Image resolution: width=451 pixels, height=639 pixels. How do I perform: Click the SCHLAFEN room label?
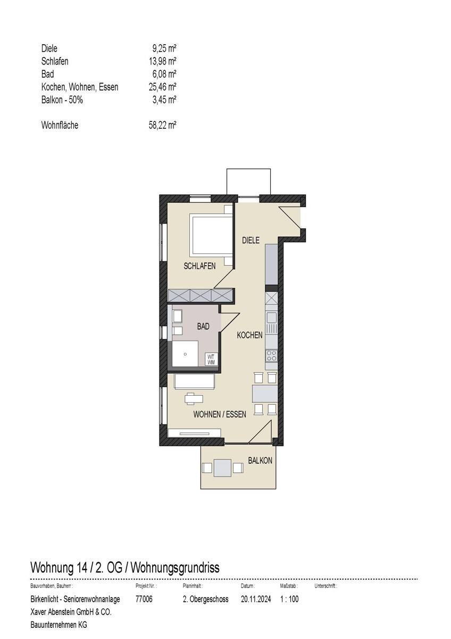[x=199, y=266]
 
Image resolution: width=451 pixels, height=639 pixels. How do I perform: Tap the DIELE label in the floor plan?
[x=250, y=241]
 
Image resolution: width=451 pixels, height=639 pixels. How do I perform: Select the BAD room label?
[x=203, y=326]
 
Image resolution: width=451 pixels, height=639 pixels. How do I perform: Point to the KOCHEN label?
[x=249, y=335]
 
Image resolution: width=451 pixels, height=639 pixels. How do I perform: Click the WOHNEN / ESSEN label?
[x=220, y=414]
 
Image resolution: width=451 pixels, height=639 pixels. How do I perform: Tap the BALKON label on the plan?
[x=260, y=460]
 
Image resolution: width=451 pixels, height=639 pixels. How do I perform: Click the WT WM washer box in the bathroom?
[x=211, y=359]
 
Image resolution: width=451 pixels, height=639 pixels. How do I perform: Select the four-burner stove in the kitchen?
[x=271, y=356]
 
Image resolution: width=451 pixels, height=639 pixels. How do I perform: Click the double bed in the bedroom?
[x=212, y=235]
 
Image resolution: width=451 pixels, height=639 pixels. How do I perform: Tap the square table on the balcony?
[x=222, y=468]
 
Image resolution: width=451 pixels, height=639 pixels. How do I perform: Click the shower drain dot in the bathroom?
[x=185, y=353]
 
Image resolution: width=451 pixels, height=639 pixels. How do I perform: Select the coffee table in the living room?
[x=194, y=398]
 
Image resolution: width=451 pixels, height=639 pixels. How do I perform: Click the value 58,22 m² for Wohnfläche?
[x=163, y=126]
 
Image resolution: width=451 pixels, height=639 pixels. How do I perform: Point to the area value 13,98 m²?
[x=163, y=61]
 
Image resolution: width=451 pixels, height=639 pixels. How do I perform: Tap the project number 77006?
[x=144, y=599]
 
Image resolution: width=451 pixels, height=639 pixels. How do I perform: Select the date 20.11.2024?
[x=256, y=599]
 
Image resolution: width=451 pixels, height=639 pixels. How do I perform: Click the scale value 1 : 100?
[x=289, y=599]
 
